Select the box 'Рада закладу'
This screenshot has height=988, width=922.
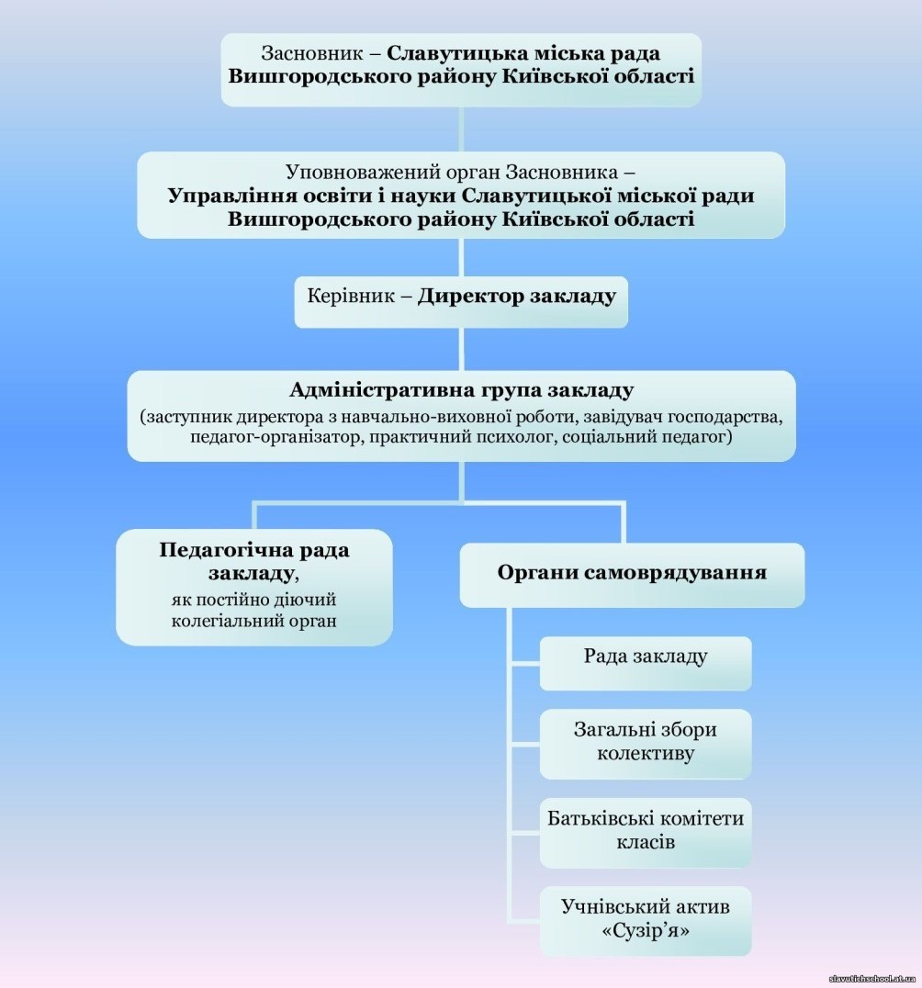(645, 657)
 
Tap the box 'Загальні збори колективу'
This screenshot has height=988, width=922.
(645, 741)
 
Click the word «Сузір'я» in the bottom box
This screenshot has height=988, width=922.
(645, 931)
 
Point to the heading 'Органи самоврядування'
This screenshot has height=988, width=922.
(632, 573)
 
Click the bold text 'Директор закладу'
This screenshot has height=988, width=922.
(516, 297)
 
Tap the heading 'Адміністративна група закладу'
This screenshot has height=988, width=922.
(461, 390)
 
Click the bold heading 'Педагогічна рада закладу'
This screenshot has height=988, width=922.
(253, 561)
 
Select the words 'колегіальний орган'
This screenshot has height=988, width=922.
(253, 621)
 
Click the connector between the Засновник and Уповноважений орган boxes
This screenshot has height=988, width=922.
(461, 129)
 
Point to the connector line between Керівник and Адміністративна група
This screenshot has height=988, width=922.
(461, 349)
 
